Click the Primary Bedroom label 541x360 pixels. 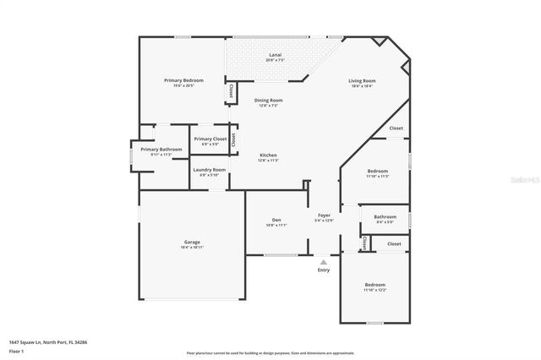[x=183, y=80]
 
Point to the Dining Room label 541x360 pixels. [x=267, y=101]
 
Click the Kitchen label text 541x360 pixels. [x=268, y=155]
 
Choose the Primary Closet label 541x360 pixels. [x=210, y=139]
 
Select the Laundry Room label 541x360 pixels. [x=209, y=170]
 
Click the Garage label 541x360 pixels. [x=191, y=242]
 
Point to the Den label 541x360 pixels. [x=276, y=220]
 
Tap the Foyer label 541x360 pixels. [x=324, y=215]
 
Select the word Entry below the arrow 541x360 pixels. [x=323, y=270]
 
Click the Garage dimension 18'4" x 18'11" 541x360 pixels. [x=191, y=247]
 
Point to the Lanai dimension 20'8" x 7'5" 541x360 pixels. [x=276, y=60]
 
